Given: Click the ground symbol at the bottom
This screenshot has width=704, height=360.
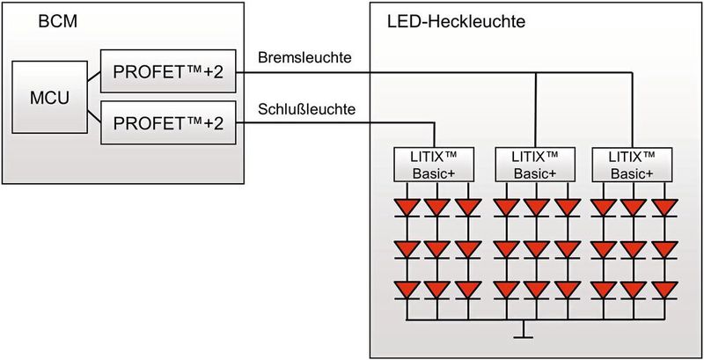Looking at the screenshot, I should tap(523, 334).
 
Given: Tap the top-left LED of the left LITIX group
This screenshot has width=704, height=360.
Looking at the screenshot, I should tap(407, 208).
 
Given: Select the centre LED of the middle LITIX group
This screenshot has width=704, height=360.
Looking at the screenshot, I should tap(535, 248).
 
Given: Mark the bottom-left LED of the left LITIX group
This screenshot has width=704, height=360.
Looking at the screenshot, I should tap(407, 289).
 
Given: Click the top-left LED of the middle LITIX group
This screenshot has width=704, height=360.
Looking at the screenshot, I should tap(505, 208).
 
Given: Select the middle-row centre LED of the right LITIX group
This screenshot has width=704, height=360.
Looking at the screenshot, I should tap(633, 248).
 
